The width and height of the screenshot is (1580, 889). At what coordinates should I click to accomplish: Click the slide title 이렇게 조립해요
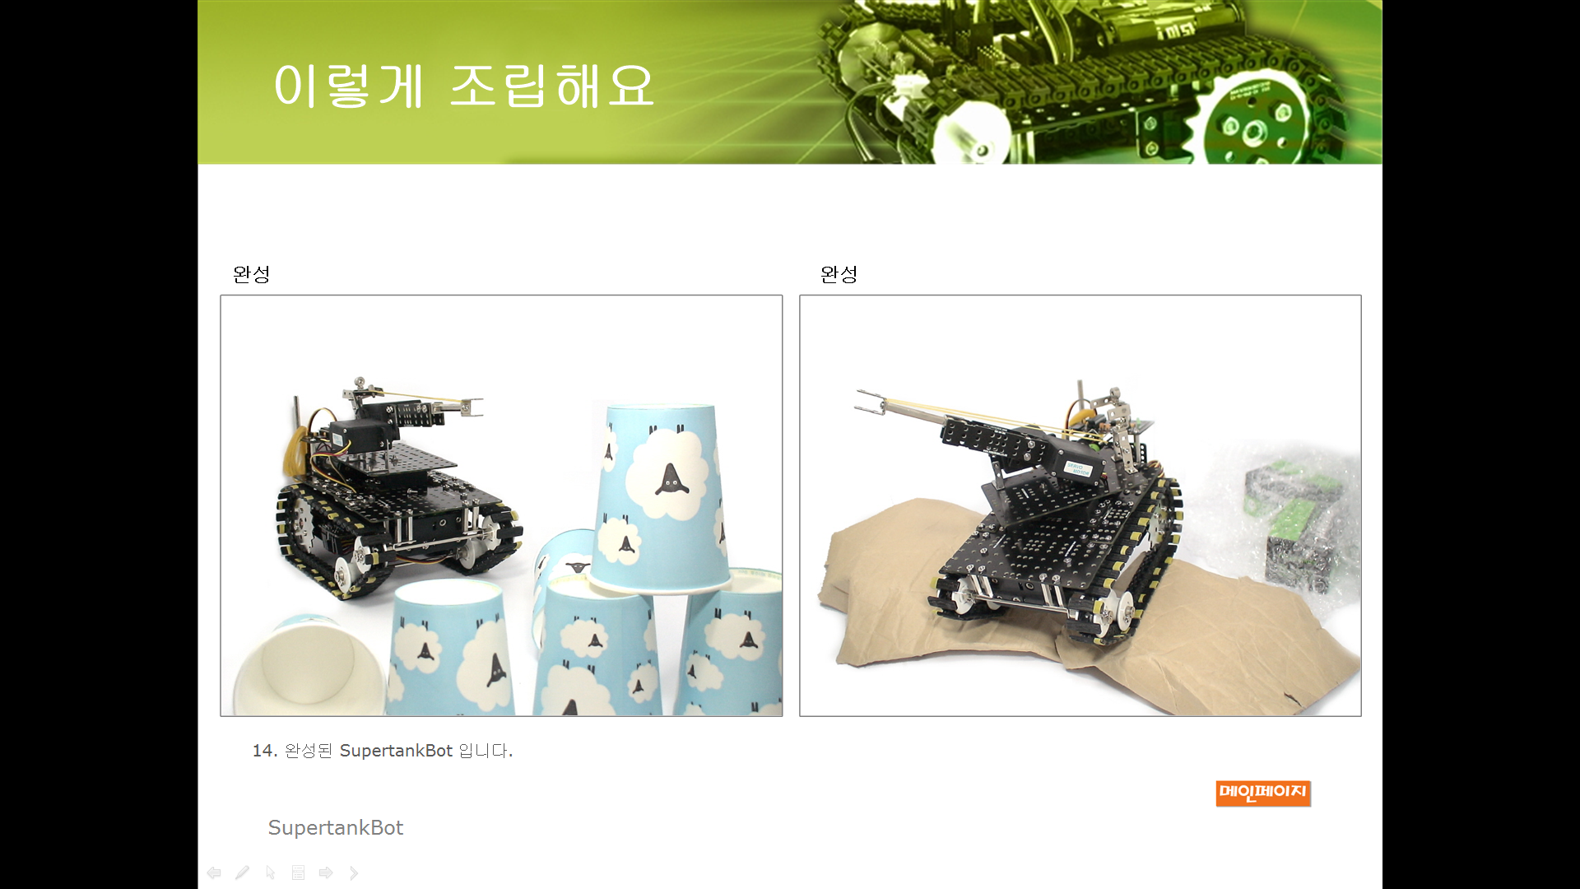tap(463, 86)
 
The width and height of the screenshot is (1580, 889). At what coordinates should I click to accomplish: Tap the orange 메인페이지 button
tap(1262, 793)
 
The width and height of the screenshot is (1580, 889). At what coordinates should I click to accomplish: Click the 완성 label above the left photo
tap(251, 274)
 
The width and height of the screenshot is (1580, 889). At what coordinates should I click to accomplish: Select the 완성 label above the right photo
tap(839, 274)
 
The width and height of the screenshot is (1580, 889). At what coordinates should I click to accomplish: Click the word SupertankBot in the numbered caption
tap(396, 751)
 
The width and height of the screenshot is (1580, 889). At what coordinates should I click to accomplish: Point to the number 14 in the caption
tap(263, 751)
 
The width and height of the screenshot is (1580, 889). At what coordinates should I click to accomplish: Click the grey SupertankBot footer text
tap(336, 827)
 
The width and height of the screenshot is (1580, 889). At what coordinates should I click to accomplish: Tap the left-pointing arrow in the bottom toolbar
tap(214, 873)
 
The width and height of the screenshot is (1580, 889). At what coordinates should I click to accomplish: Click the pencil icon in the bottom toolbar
tap(242, 873)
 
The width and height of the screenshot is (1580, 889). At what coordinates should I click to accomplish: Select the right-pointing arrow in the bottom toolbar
tap(326, 873)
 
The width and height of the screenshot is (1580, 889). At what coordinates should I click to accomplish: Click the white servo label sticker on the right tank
tap(1078, 469)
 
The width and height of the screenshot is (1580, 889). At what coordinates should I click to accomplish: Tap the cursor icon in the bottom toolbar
tap(270, 873)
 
